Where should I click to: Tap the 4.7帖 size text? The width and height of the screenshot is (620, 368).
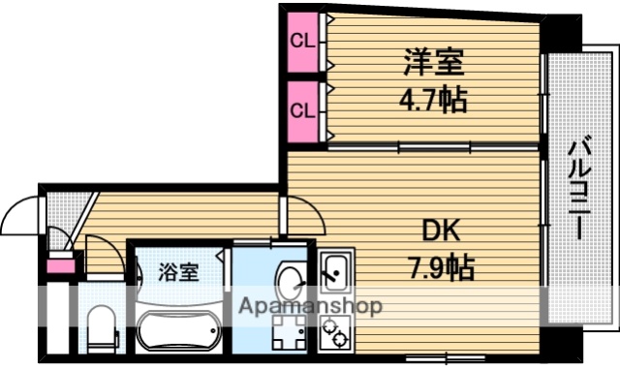click(435, 99)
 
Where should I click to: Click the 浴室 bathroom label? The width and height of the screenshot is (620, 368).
click(178, 272)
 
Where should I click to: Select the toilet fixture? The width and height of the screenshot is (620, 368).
click(100, 329)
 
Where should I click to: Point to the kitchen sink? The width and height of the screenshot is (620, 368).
click(335, 272)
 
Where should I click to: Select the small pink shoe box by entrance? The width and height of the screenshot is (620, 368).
click(60, 261)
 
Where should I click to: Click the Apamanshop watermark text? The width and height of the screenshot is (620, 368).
click(310, 307)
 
